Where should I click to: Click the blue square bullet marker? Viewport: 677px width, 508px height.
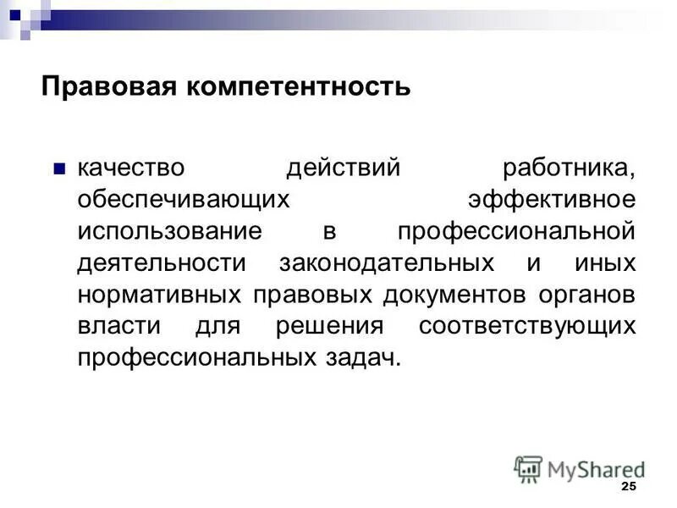point(58,167)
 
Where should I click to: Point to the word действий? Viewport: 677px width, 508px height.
point(343,167)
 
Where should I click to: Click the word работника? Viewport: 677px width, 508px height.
point(568,167)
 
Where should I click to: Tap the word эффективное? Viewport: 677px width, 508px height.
point(551,199)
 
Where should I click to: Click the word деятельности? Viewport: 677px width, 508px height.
point(162,262)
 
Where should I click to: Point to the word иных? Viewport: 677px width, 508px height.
point(604,262)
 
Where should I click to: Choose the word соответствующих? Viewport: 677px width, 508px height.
point(526,326)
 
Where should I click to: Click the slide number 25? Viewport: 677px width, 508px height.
point(628,486)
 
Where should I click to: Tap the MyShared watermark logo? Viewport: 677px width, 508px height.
point(579,469)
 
